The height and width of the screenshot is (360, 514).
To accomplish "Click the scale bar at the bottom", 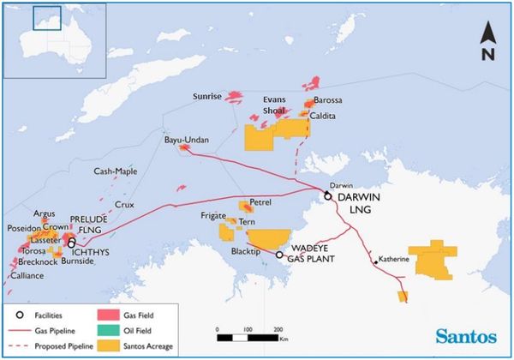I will (x=248, y=337).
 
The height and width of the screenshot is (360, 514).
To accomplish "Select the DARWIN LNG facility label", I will (x=355, y=205).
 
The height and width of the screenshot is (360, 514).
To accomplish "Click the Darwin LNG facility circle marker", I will (x=327, y=196).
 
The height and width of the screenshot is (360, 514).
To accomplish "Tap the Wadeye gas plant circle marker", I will (x=279, y=255).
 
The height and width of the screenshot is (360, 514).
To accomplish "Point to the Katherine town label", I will (x=393, y=260).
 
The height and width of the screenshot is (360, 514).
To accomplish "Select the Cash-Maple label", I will (x=116, y=171).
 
